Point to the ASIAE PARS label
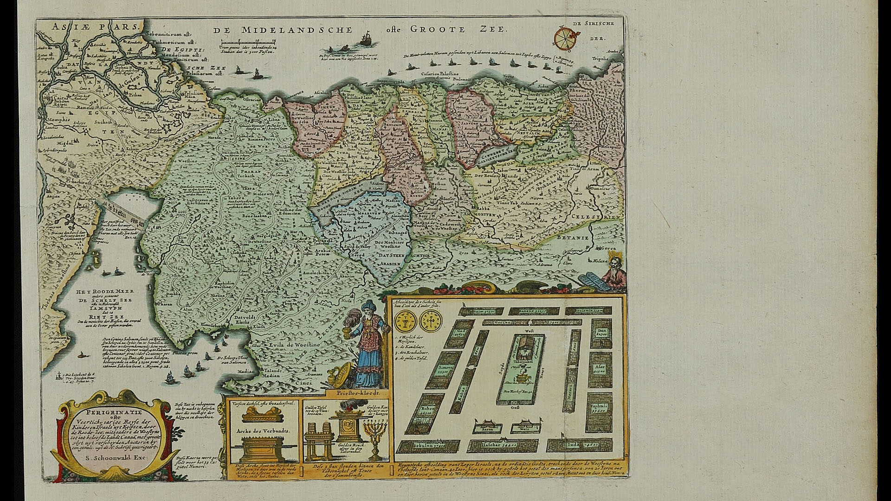[x=95, y=26]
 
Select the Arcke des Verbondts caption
[x=263, y=430]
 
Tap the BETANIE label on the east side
[x=576, y=238]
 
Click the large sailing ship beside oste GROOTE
[x=366, y=38]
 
